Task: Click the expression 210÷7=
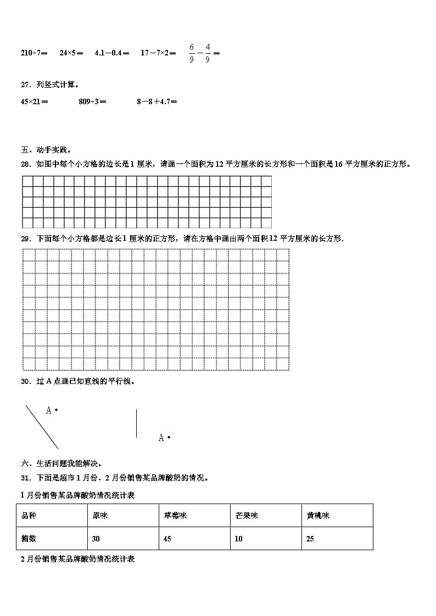click(34, 53)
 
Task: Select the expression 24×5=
click(71, 53)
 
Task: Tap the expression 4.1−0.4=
click(112, 53)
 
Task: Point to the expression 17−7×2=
click(158, 53)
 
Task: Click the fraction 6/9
click(192, 53)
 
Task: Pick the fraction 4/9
click(208, 53)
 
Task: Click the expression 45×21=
click(34, 101)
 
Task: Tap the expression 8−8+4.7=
click(157, 101)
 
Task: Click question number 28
click(26, 164)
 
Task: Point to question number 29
click(26, 239)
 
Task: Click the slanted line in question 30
click(41, 427)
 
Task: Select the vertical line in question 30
click(136, 423)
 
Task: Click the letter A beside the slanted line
click(48, 410)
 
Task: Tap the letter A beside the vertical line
click(161, 438)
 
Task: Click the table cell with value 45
click(168, 539)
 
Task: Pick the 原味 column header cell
click(100, 516)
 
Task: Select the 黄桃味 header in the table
click(318, 516)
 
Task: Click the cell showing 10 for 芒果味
click(238, 539)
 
